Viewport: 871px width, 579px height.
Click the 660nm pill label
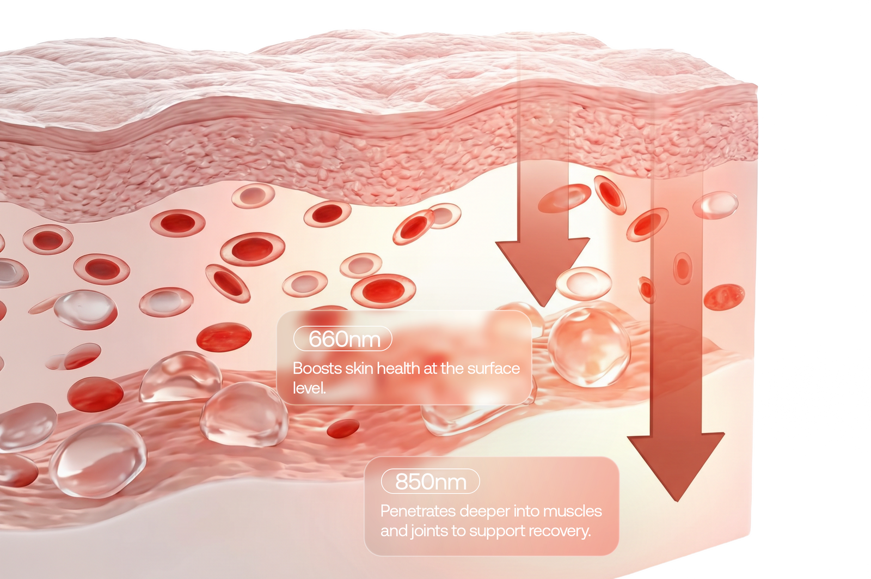point(342,339)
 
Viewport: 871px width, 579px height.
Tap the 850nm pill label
point(431,482)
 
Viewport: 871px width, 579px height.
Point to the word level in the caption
point(309,388)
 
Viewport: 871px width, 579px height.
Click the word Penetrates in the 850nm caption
point(418,511)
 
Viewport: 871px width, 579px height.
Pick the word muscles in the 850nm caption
point(572,511)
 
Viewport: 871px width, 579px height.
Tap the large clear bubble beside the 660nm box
point(589,346)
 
